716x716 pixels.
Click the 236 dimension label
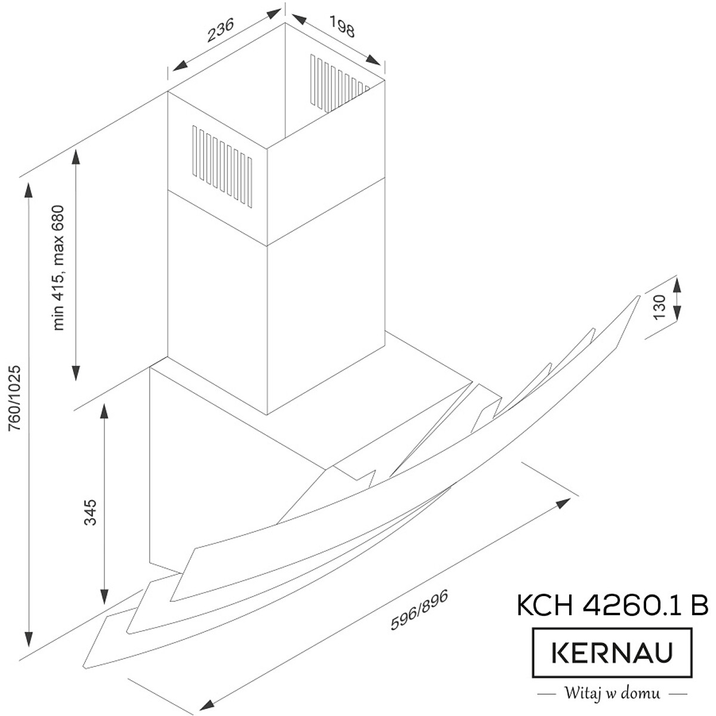(221, 30)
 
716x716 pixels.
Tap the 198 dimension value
(342, 26)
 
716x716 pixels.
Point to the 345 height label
(90, 513)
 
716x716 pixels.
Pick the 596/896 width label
(419, 609)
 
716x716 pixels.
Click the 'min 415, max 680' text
(58, 267)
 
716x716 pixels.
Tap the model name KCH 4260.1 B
(612, 604)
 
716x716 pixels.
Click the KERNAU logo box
(612, 653)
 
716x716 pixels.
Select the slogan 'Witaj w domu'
(612, 693)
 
